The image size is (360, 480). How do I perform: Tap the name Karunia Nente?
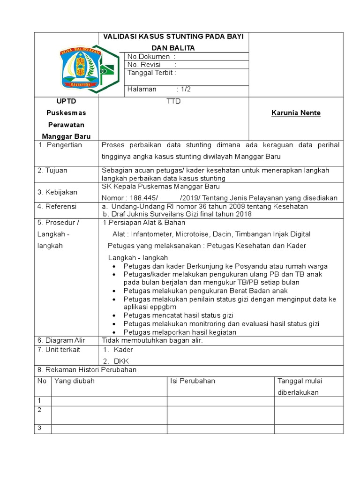click(296, 113)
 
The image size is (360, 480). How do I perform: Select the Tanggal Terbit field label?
click(152, 73)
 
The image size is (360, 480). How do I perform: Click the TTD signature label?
click(173, 101)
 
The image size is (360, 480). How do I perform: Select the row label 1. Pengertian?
click(60, 145)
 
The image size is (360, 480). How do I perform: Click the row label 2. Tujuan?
click(54, 171)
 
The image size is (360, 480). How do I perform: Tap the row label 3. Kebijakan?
click(58, 192)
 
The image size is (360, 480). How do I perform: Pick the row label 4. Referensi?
click(57, 206)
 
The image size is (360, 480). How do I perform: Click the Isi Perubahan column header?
click(193, 381)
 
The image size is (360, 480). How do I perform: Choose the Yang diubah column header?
click(75, 381)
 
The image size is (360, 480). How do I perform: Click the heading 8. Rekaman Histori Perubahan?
click(87, 370)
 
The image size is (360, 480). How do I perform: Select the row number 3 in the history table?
click(40, 428)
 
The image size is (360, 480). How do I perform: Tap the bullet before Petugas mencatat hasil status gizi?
click(114, 315)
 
